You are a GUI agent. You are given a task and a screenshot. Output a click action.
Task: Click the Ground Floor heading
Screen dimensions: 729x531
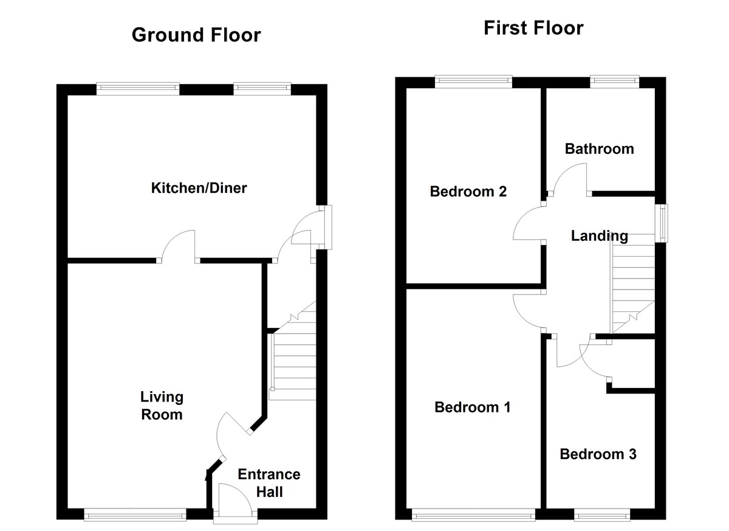tap(196, 35)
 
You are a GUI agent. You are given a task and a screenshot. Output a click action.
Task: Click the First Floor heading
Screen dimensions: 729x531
tap(533, 28)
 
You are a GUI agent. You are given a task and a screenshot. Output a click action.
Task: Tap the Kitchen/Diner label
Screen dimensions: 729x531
tap(199, 188)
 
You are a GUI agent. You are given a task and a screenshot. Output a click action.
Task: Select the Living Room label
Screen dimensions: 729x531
tap(162, 406)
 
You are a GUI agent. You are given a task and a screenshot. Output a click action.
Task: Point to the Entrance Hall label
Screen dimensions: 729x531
tap(269, 482)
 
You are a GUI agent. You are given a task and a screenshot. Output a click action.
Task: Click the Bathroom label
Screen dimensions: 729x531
tap(599, 149)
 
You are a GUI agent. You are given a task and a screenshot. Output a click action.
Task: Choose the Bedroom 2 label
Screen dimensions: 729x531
tap(468, 192)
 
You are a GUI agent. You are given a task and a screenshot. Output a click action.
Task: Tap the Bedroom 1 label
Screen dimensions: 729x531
tap(472, 407)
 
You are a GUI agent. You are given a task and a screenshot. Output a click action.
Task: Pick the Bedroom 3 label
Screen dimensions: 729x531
tap(598, 454)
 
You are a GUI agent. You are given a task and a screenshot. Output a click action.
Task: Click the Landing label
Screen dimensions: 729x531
tap(599, 236)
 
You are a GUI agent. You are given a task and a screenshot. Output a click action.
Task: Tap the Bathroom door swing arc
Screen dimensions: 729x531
tap(570, 180)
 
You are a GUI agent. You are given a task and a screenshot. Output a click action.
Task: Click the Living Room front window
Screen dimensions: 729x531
tap(135, 515)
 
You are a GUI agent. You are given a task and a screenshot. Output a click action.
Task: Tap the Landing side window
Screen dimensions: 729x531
tap(663, 223)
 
